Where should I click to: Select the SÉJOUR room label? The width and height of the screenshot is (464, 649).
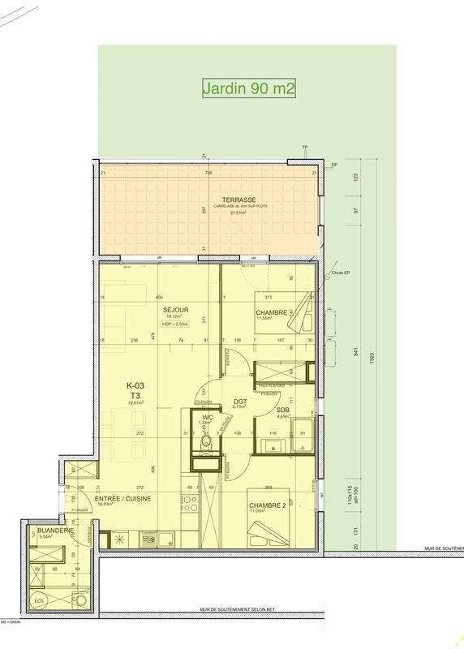170,310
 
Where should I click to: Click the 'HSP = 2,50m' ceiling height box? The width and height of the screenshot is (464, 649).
171,324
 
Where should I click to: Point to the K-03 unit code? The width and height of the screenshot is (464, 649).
135,386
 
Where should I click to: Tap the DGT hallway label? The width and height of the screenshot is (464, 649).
239,402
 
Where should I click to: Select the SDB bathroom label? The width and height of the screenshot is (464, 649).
283,411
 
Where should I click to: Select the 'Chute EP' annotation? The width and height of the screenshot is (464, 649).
340,273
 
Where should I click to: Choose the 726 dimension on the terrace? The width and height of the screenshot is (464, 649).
208,173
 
